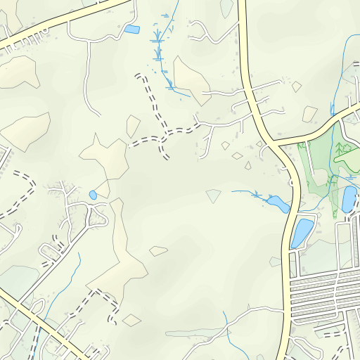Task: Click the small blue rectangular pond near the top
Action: (x=131, y=29)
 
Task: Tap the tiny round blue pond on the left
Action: (x=93, y=195)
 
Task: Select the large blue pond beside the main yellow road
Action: (x=301, y=233)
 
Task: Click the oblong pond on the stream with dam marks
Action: (x=278, y=204)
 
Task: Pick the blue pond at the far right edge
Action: (x=349, y=198)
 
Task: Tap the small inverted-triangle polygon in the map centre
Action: (x=214, y=195)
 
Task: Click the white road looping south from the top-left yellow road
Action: (x=87, y=77)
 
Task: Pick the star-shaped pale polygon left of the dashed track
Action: (x=105, y=158)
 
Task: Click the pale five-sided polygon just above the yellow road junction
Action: (x=310, y=113)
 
